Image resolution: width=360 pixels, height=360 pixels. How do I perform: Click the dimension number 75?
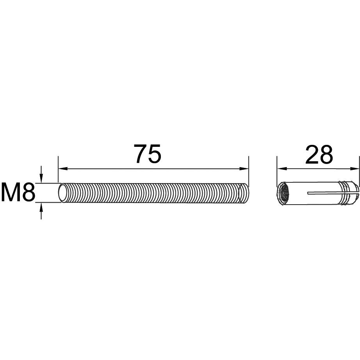click(148, 154)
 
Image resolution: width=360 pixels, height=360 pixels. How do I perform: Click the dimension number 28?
click(319, 155)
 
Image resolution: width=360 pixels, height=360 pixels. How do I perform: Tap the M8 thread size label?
click(18, 192)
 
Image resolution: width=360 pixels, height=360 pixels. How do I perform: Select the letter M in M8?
click(10, 192)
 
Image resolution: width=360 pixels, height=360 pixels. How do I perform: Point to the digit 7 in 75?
click(141, 154)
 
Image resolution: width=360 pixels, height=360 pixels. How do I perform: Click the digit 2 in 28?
click(312, 155)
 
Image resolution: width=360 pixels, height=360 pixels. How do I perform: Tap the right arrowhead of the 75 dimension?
click(244, 169)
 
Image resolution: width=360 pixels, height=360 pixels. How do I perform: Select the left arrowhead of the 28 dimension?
click(282, 169)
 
